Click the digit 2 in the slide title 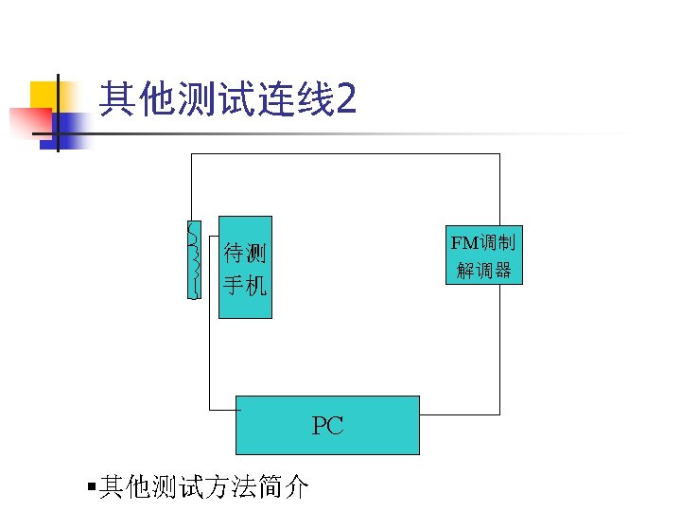pos(345,98)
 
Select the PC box pos(326,425)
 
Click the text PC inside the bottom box pos(327,426)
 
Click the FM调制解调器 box pos(483,255)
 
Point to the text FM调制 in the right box pos(483,242)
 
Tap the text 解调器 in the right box pos(483,270)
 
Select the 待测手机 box pos(245,267)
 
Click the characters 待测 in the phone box pos(245,253)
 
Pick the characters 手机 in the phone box pos(245,284)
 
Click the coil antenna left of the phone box pos(194,258)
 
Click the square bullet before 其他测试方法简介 pos(90,487)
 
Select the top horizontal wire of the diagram pos(345,153)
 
